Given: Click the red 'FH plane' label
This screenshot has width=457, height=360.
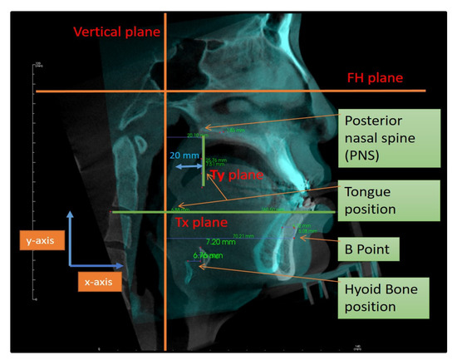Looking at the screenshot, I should click(x=375, y=77).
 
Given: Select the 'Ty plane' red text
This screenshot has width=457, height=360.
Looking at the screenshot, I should click(x=235, y=176).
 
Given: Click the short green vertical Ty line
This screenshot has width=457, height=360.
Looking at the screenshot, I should click(x=204, y=170).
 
